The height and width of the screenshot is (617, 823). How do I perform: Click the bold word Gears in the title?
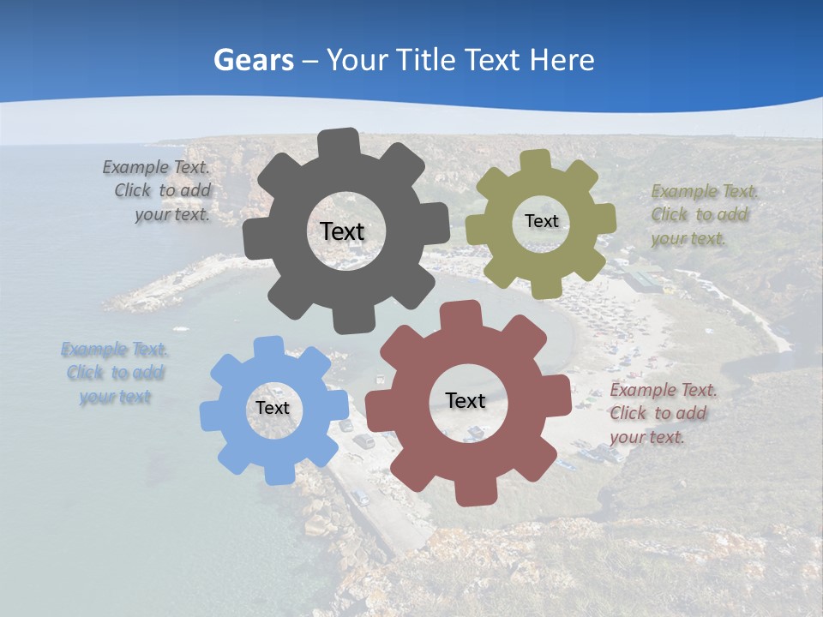[x=253, y=60]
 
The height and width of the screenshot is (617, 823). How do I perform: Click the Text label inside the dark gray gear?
[x=342, y=231]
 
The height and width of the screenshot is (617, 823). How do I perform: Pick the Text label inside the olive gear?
[x=541, y=221]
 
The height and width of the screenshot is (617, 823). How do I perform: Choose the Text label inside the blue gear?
[x=273, y=409]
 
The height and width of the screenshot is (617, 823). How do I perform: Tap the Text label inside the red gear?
[x=466, y=400]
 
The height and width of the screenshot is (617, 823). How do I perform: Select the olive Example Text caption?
[x=703, y=214]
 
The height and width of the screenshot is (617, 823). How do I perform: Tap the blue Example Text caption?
[x=115, y=373]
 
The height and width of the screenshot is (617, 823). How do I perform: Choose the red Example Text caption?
[x=662, y=413]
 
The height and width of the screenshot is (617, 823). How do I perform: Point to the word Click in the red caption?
[x=629, y=413]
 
